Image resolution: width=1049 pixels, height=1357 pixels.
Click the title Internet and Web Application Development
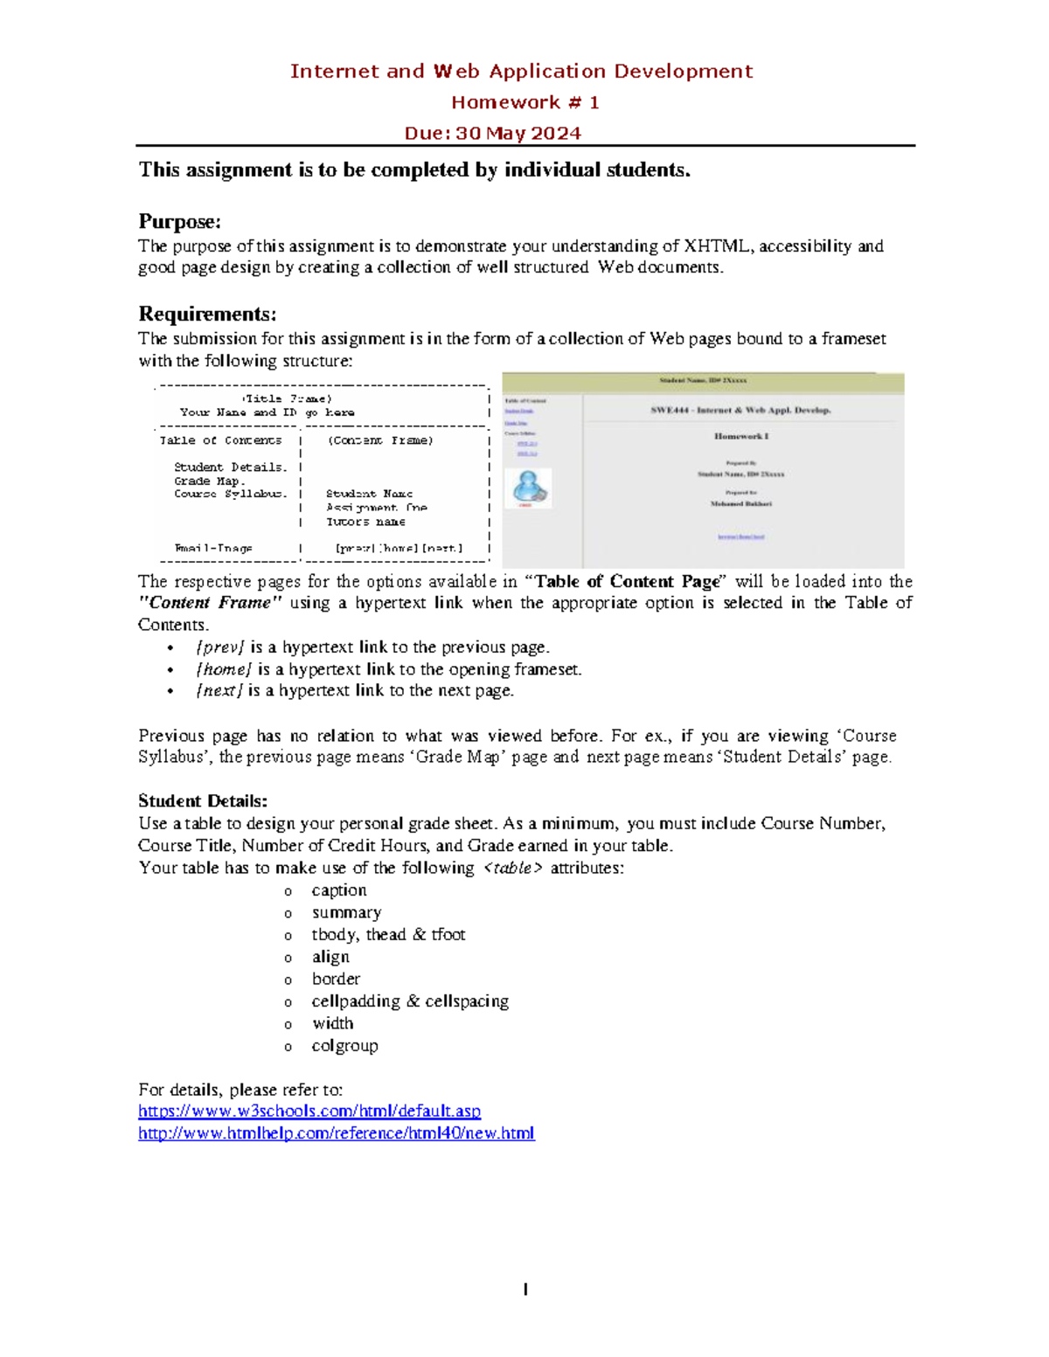pos(521,72)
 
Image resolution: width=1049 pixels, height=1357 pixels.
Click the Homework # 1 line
pos(524,102)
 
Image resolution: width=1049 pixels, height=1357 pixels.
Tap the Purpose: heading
pos(179,221)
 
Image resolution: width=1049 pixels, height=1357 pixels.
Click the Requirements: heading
pos(207,314)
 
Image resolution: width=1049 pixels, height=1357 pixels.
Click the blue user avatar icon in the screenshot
pos(530,487)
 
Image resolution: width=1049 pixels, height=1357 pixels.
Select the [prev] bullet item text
pos(372,647)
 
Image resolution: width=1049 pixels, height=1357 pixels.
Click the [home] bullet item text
pos(388,669)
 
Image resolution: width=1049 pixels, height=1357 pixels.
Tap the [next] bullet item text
pos(354,691)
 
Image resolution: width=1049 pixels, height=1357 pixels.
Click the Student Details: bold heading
pos(203,801)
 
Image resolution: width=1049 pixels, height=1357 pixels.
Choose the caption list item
pos(339,890)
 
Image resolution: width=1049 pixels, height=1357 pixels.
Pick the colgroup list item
pos(344,1046)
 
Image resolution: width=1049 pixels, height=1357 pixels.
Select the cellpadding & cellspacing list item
pos(410,1001)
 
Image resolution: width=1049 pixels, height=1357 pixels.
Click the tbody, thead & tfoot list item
pos(388,935)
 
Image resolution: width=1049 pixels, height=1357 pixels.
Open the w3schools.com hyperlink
pos(309,1111)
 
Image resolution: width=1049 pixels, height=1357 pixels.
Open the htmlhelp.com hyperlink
pos(337,1133)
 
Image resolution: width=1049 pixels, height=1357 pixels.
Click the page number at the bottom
pos(525,1289)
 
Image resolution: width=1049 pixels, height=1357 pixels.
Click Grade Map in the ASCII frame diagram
pos(210,481)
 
